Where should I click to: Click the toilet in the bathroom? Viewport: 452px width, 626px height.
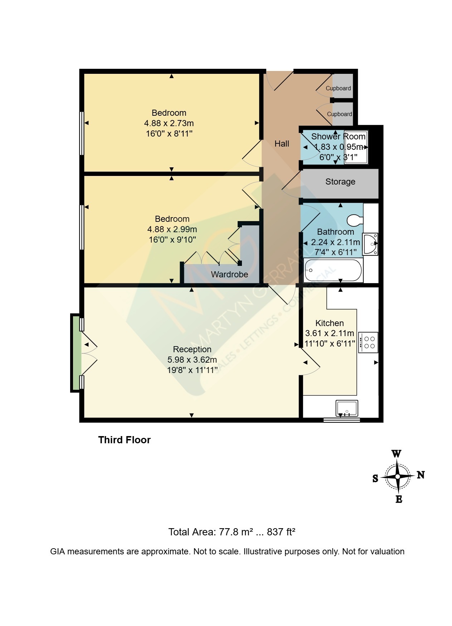355,220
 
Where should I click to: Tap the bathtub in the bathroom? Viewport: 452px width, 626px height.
333,270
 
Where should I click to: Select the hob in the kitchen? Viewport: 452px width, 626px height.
368,342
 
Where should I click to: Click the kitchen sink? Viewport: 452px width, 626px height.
347,408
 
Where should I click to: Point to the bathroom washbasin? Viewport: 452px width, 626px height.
370,244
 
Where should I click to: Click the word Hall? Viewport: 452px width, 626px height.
282,144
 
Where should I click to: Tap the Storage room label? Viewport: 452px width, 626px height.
340,182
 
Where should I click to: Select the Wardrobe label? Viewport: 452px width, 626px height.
229,274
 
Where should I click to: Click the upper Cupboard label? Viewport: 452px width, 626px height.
338,88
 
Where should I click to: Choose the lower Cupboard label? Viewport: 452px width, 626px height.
340,114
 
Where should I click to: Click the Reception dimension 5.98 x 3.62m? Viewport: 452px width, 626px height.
192,359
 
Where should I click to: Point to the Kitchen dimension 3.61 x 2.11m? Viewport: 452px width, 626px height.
330,333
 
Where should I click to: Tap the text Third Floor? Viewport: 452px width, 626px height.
125,440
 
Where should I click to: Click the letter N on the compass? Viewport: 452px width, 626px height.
421,475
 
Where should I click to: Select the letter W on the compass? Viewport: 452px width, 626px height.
397,454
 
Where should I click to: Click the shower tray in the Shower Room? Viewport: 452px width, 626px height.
356,147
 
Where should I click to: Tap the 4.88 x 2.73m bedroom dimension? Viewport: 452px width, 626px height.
169,123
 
